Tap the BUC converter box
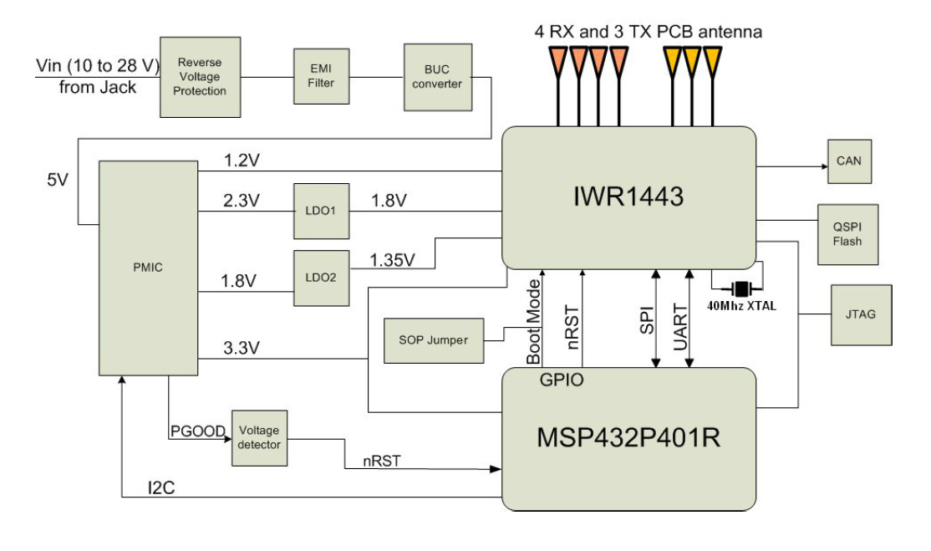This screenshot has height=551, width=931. click(x=432, y=78)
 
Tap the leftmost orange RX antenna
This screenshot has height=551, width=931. click(x=556, y=58)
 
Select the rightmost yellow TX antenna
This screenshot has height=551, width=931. click(x=713, y=58)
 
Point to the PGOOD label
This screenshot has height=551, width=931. click(x=197, y=431)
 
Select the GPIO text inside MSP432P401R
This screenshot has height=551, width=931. click(x=557, y=380)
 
